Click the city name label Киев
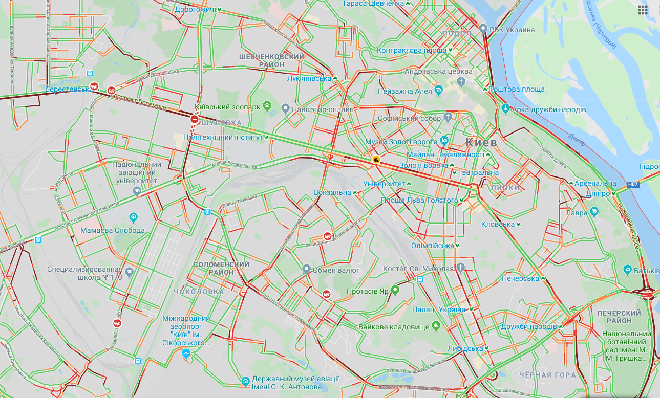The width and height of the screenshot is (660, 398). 481,142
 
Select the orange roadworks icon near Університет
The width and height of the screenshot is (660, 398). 376,160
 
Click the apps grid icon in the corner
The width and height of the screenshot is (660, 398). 643,10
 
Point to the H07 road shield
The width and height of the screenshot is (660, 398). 633,184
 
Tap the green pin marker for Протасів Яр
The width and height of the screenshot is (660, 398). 395,290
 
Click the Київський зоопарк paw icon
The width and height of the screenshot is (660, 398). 267,106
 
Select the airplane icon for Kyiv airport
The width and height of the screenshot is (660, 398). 186,353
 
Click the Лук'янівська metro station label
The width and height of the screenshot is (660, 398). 310,78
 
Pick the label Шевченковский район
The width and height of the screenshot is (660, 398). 271,60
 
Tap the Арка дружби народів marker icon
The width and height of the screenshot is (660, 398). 506,108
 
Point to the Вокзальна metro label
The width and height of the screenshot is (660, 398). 332,193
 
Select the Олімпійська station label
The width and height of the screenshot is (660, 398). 432,246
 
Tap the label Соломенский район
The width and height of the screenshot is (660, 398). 221,268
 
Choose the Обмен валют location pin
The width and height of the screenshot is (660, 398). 306,269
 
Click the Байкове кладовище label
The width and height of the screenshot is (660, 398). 394,326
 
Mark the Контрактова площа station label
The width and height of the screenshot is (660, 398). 412,50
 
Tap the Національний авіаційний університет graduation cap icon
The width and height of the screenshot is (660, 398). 136,191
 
